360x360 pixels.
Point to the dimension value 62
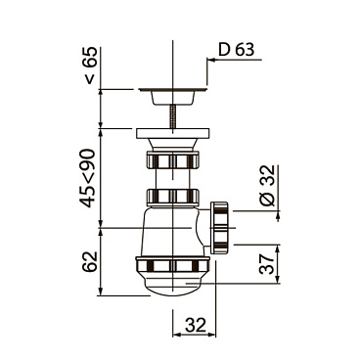pyautogui.click(x=90, y=262)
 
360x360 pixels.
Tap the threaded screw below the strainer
pyautogui.click(x=173, y=115)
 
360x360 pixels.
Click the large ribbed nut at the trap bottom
pyautogui.click(x=173, y=265)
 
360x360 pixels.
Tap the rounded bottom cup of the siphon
pyautogui.click(x=173, y=287)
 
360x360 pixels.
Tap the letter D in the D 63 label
pyautogui.click(x=224, y=49)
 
